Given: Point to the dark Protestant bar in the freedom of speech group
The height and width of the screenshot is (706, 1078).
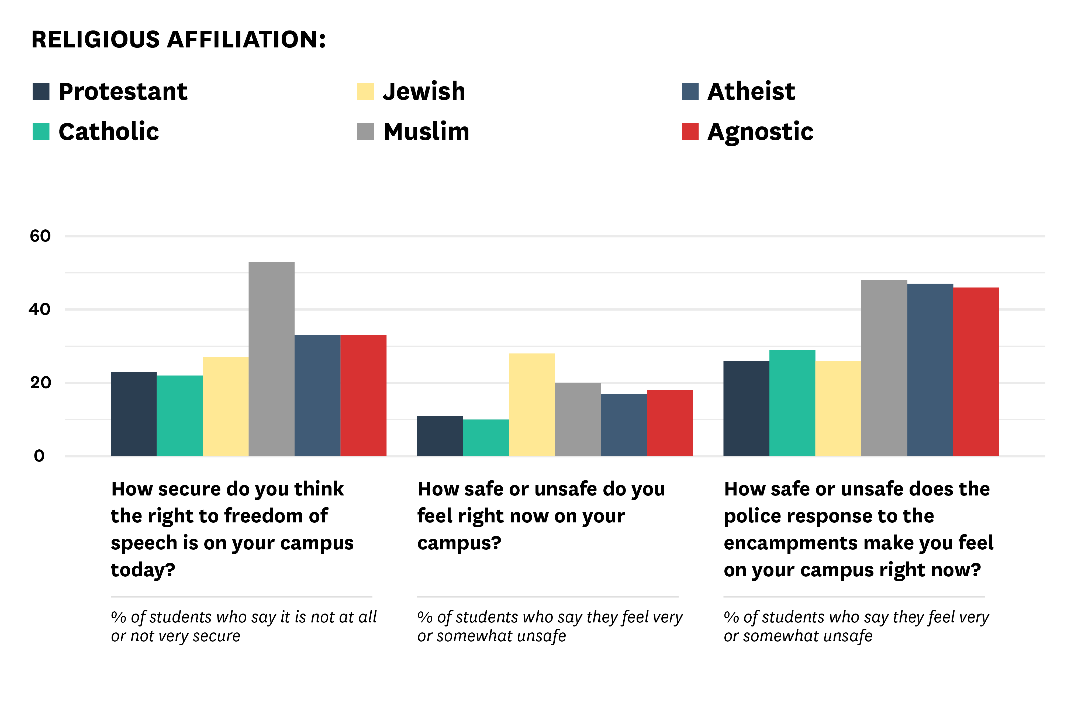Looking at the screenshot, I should tap(134, 413).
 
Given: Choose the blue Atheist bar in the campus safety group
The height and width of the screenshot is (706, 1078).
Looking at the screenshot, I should tap(623, 425).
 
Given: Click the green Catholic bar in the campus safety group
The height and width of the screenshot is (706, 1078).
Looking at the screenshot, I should tap(486, 437).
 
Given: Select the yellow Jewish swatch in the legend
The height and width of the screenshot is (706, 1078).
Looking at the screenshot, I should tap(365, 92).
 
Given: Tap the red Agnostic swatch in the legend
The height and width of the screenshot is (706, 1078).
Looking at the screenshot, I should tap(690, 131).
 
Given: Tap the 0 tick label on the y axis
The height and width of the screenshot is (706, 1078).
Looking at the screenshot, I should tap(39, 456).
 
